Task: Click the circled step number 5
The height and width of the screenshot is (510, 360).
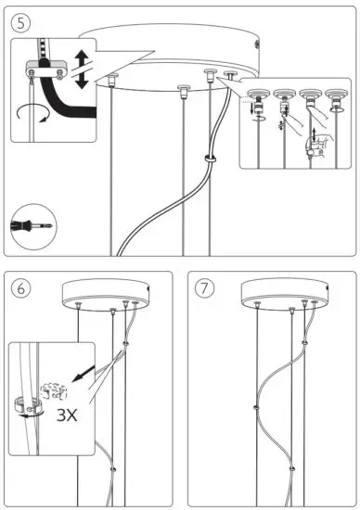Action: (x=19, y=19)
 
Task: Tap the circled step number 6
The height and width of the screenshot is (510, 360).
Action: (x=19, y=287)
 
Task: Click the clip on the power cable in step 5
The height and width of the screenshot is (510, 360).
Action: (x=211, y=160)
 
